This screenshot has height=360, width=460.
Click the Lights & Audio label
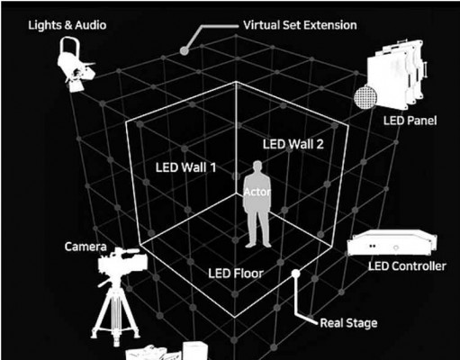68,25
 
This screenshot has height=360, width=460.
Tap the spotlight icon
77,64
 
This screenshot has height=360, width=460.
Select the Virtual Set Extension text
300,25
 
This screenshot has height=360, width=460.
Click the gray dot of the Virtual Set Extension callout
185,50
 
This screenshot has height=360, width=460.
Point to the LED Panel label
410,121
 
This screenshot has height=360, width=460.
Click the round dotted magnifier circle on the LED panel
365,97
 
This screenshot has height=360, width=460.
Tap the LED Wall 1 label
186,167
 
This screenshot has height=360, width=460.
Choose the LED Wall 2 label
293,144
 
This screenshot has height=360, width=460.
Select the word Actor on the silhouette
257,192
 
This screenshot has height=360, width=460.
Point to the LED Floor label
236,274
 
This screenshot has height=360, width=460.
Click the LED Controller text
407,266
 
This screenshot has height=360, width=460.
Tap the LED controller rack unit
392,243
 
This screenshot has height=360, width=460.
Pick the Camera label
86,247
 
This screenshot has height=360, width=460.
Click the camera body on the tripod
122,262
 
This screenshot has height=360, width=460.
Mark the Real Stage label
348,323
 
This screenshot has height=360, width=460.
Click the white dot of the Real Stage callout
295,274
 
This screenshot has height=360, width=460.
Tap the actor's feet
258,245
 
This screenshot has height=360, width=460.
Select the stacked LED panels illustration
396,74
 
